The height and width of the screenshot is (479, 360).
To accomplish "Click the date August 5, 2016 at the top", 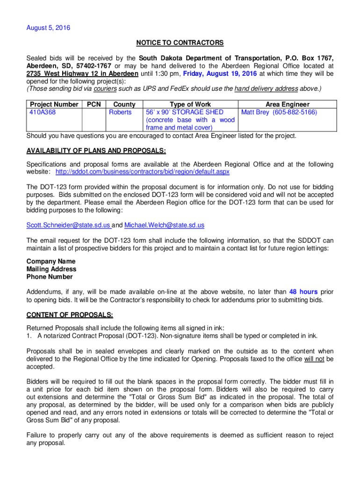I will point(48,28).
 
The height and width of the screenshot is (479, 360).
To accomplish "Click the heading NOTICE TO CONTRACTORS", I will point(180,43).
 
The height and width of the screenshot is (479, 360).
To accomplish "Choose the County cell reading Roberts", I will point(121,112).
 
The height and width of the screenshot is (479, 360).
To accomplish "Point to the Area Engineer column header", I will point(287,104).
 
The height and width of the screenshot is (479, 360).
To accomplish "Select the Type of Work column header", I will point(190,104).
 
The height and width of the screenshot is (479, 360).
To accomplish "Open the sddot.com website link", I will point(143,172).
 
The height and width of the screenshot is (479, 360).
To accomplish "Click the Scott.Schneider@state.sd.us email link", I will point(68,225).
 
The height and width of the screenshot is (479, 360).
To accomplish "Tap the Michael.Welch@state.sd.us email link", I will point(164,225).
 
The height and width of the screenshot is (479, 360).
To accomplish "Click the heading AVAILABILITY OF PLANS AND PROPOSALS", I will point(96,150).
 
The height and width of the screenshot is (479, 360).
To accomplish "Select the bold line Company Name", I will point(51,261).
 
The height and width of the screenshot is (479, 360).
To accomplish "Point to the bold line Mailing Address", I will point(51,269).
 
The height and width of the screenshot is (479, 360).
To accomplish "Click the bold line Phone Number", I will point(50,276).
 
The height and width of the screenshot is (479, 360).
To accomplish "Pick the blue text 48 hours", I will point(303,292).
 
